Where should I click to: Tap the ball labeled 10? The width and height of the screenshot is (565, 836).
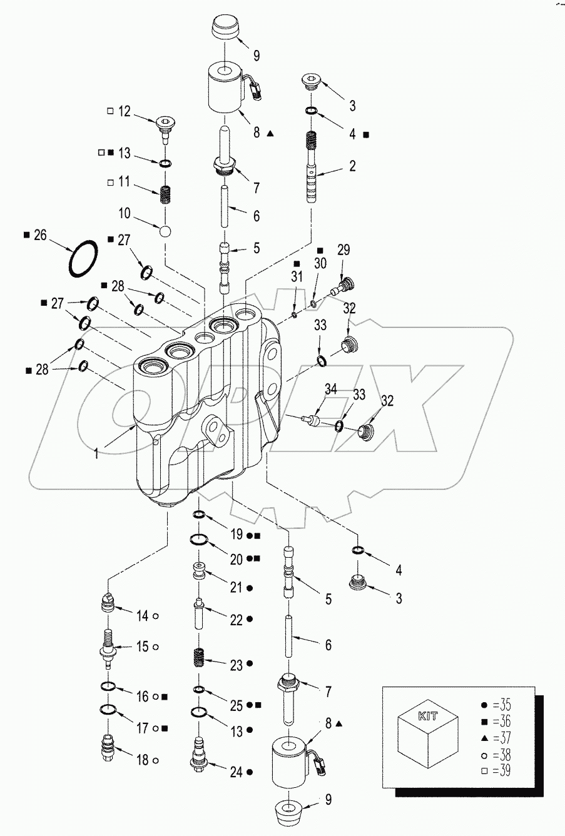click(x=165, y=231)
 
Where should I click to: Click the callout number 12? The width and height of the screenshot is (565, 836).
click(x=124, y=111)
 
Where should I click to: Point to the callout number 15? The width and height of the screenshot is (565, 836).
click(x=143, y=647)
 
